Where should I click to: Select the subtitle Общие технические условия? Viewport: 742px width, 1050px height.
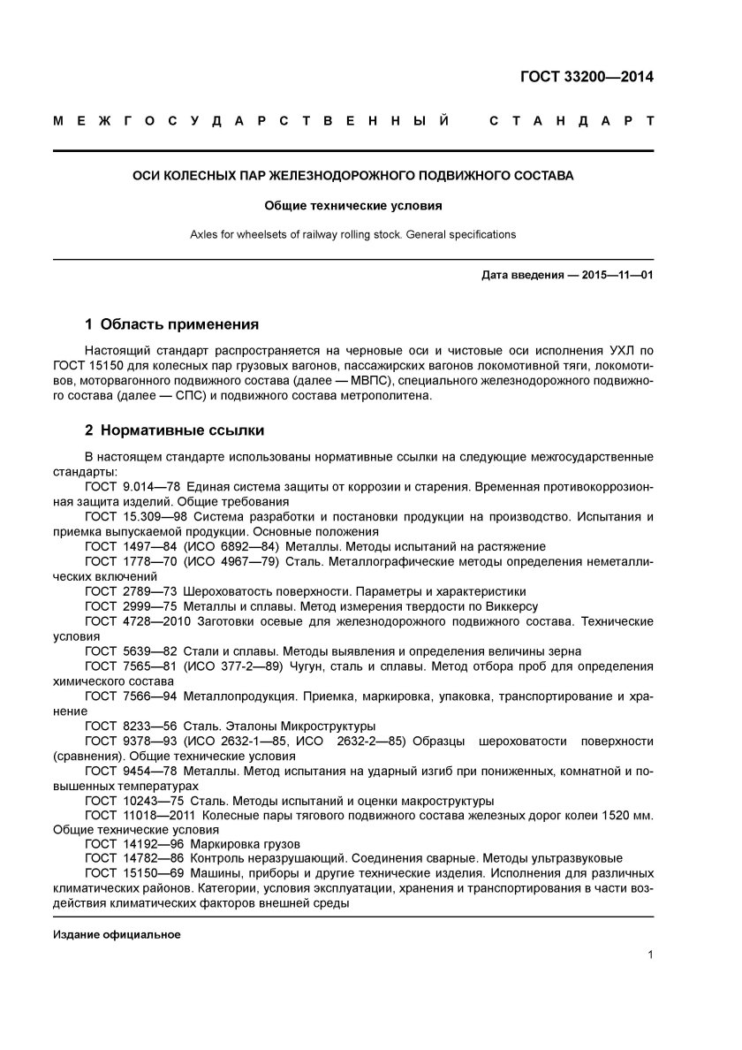click(x=353, y=205)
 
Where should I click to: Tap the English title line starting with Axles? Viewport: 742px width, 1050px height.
click(x=353, y=235)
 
